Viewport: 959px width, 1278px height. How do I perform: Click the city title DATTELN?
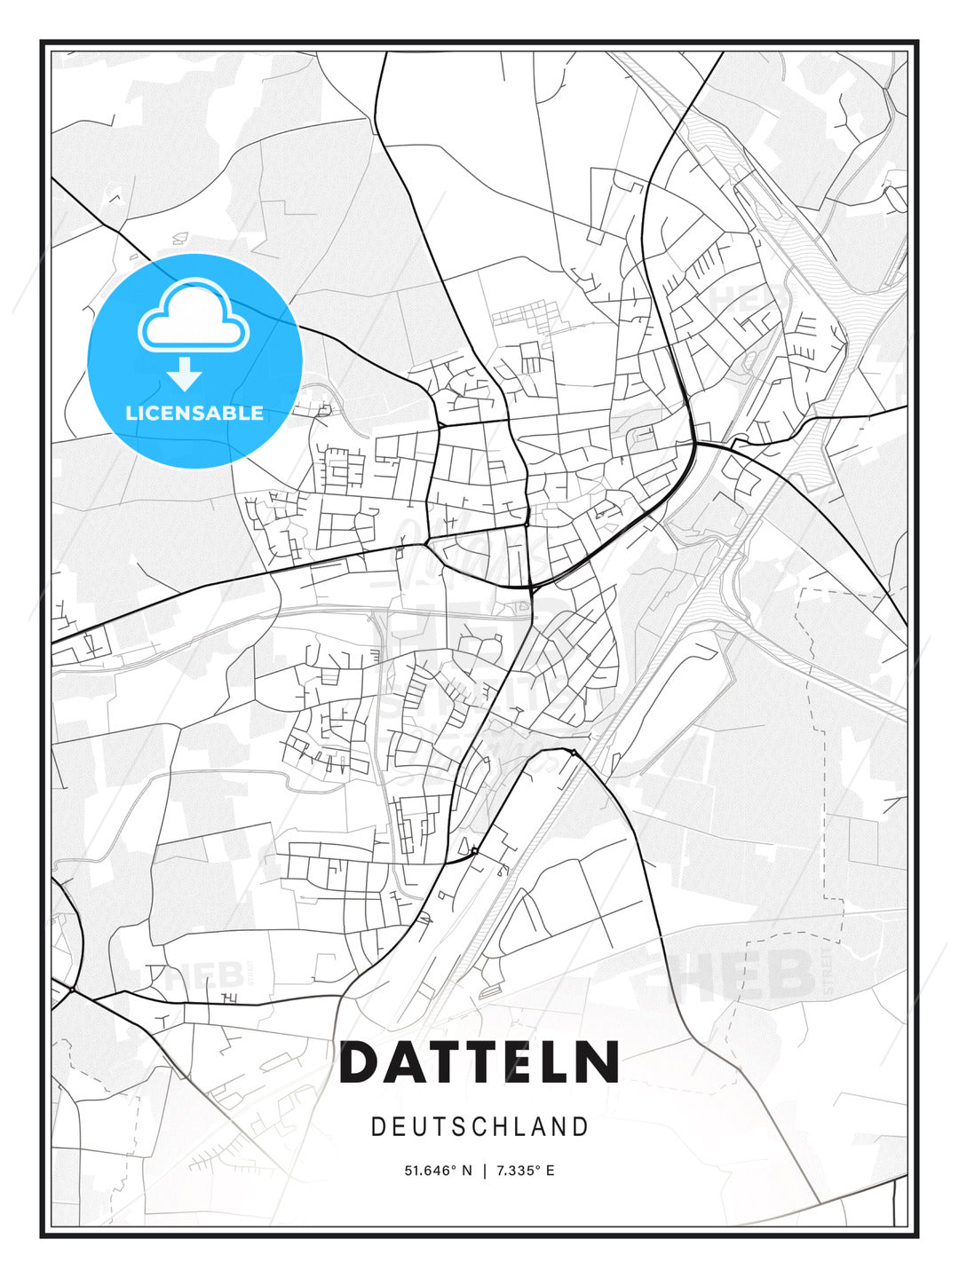(x=479, y=1062)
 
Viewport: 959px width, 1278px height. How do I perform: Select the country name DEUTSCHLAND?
(x=479, y=1126)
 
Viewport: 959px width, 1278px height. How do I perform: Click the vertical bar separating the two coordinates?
(x=483, y=1171)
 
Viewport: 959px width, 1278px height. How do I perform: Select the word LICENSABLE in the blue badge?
(x=194, y=413)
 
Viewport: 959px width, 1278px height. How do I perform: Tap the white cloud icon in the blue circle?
(x=194, y=317)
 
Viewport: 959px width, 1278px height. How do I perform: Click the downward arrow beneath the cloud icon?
(x=185, y=374)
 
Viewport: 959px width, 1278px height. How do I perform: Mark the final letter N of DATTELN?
(x=598, y=1062)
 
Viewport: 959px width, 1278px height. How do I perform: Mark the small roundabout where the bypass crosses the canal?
(x=573, y=753)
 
